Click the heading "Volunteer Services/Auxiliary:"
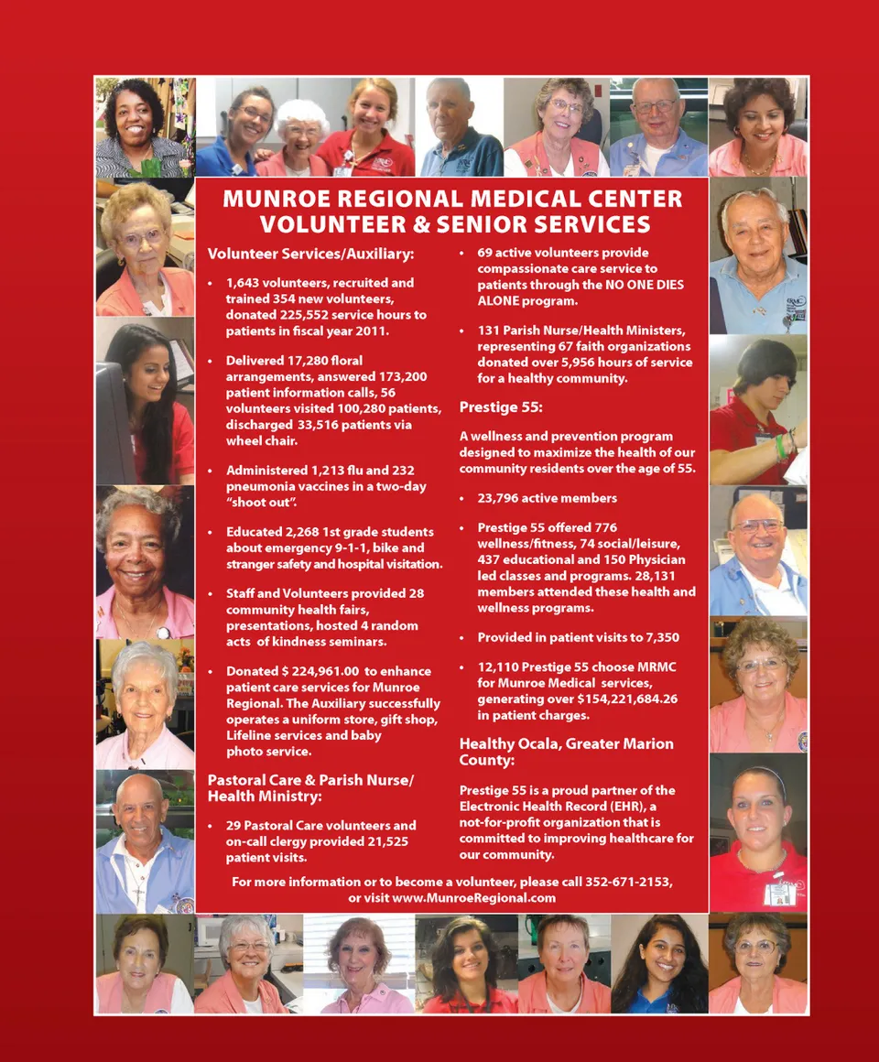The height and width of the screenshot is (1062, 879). [x=310, y=254]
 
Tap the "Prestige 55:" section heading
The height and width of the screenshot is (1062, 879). [x=501, y=406]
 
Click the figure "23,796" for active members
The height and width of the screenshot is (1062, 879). [x=500, y=498]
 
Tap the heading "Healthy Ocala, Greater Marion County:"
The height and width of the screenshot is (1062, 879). [x=566, y=752]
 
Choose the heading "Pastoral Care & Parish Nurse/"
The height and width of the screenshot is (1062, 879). [x=310, y=780]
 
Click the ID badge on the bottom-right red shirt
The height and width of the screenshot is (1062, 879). [x=778, y=893]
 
